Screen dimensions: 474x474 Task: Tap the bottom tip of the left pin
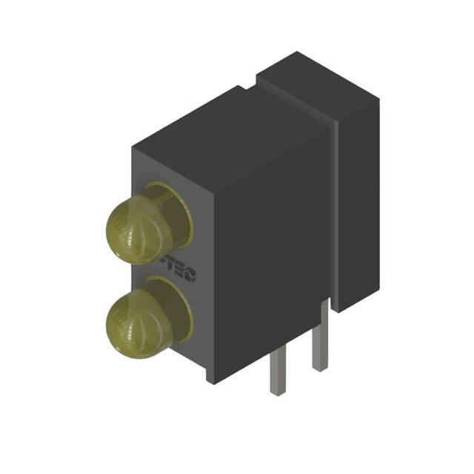(x=276, y=393)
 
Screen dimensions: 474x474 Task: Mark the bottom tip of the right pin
(x=319, y=368)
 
